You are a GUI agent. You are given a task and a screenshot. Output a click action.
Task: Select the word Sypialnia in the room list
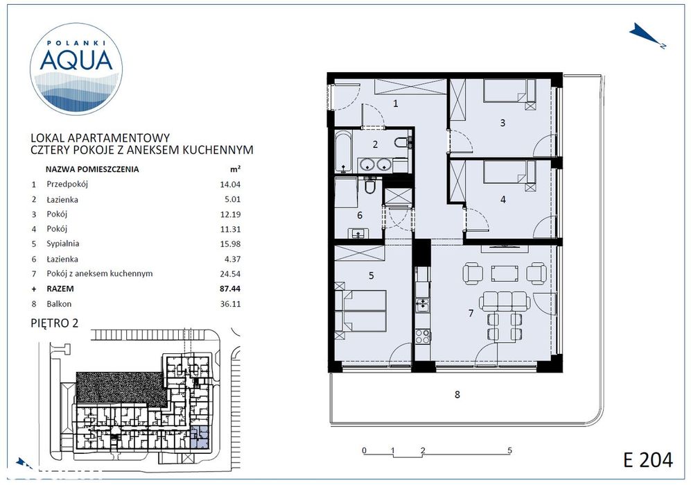click(62, 244)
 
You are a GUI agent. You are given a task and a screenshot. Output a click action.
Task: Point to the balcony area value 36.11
click(230, 303)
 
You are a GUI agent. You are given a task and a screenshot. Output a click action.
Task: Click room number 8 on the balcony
click(457, 395)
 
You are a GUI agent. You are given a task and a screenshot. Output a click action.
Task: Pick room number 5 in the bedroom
click(371, 275)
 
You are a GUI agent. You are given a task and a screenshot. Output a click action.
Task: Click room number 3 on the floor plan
click(502, 124)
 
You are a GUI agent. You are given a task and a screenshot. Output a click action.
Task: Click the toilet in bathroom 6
click(370, 187)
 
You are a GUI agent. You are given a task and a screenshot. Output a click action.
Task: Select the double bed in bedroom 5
click(360, 312)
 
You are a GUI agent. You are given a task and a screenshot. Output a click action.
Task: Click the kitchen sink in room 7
click(421, 303)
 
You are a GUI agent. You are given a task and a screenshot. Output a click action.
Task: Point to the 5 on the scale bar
click(509, 450)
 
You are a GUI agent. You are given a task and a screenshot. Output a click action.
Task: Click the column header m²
click(234, 169)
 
